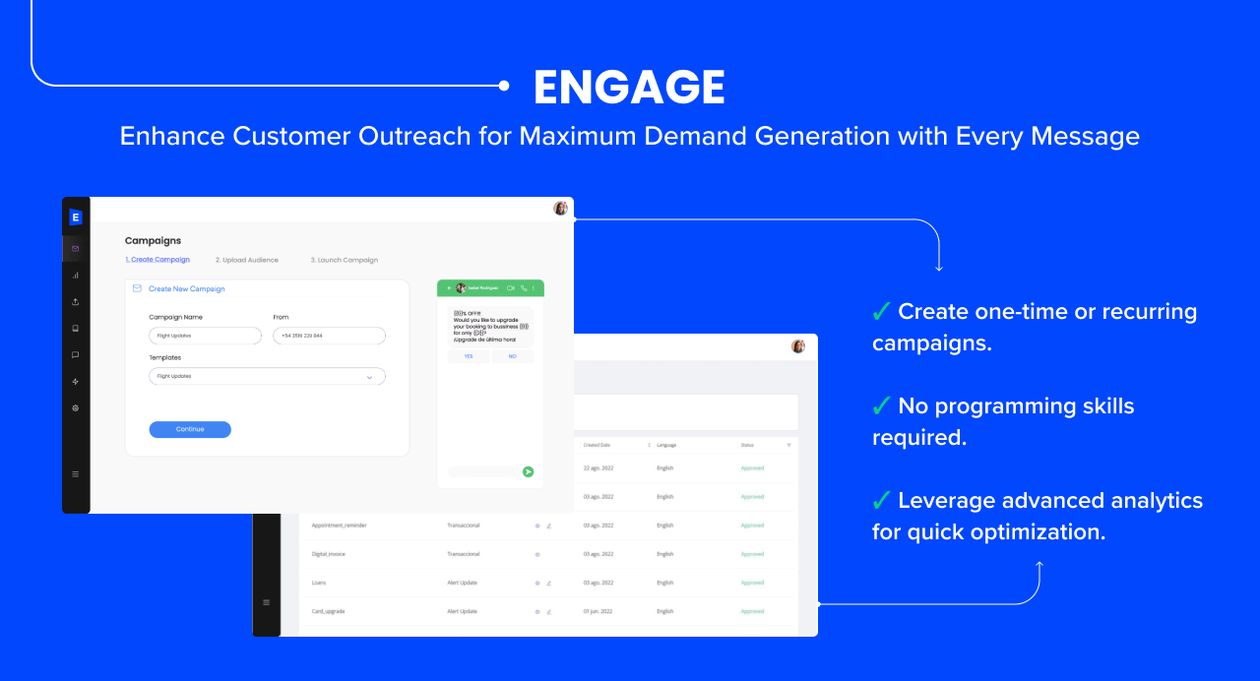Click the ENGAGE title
(x=629, y=88)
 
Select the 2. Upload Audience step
(x=246, y=260)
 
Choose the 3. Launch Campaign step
(x=344, y=260)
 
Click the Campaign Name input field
(x=205, y=336)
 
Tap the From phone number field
(x=329, y=336)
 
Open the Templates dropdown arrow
(x=369, y=377)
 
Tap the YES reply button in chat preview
(x=469, y=356)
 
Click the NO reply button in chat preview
(x=512, y=356)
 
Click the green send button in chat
(x=528, y=471)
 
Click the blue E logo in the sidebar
(x=76, y=217)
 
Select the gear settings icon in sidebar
(x=76, y=407)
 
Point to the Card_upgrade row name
(x=328, y=611)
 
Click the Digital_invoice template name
(x=329, y=554)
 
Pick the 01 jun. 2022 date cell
(x=598, y=611)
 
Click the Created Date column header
(x=598, y=445)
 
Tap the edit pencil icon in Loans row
(x=548, y=583)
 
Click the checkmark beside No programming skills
(x=881, y=405)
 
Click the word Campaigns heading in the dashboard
(x=153, y=240)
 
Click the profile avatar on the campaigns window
(x=560, y=209)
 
